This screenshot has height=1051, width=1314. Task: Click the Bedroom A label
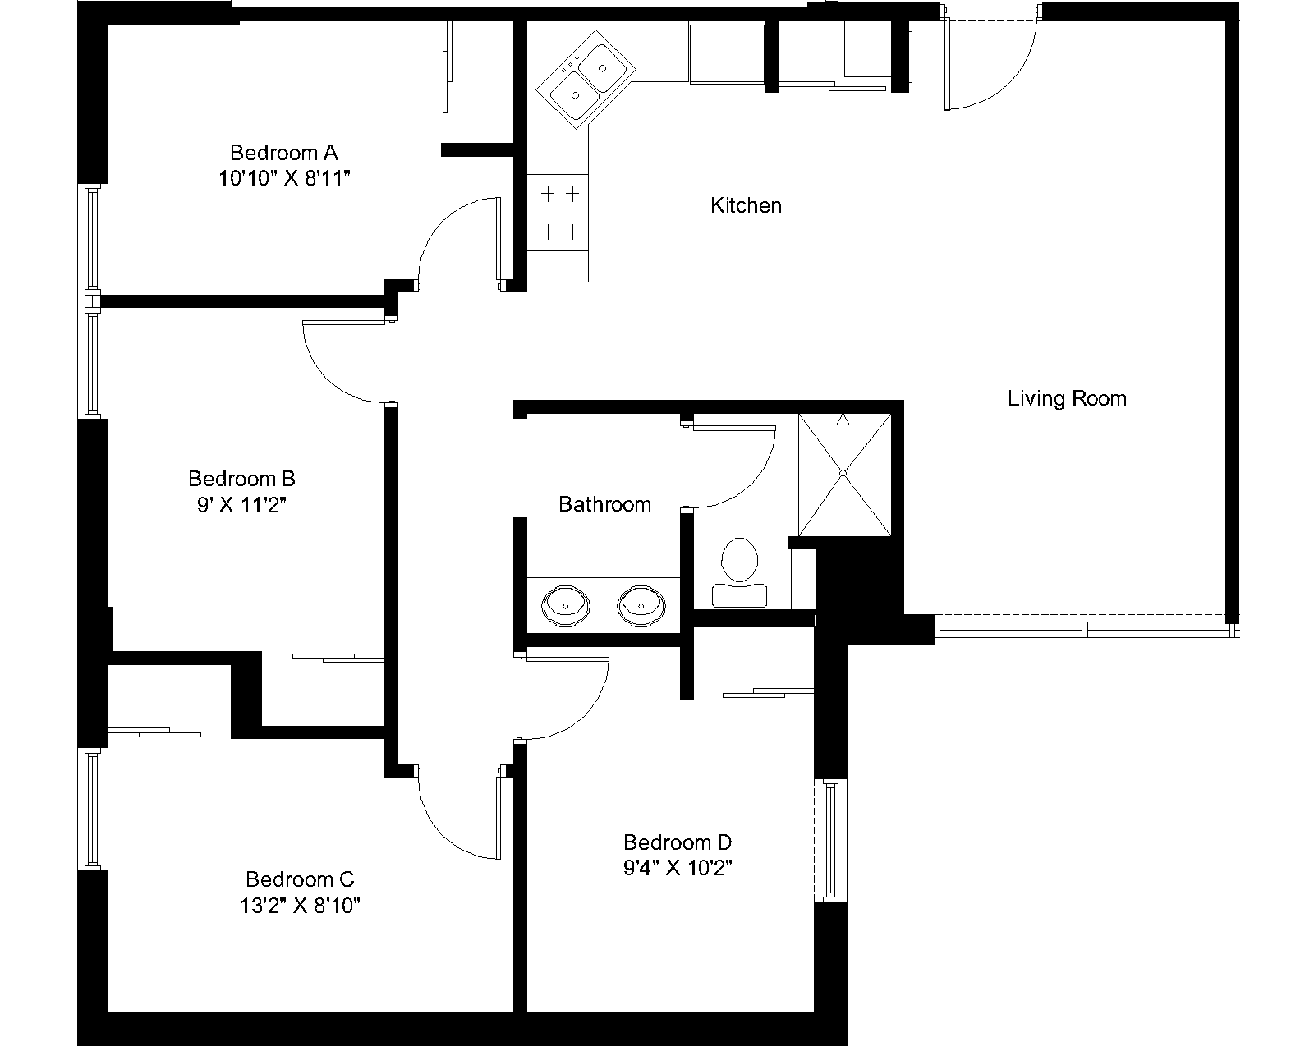[284, 152]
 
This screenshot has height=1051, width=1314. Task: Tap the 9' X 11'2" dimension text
[241, 505]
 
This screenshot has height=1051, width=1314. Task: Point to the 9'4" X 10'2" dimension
[678, 868]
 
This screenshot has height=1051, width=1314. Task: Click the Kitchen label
[747, 205]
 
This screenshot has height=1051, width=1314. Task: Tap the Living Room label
[1068, 398]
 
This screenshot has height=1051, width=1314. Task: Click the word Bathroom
[605, 504]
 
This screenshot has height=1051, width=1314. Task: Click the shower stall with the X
[844, 475]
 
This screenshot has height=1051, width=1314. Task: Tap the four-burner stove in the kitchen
[559, 213]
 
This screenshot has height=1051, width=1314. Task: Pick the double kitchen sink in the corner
[586, 80]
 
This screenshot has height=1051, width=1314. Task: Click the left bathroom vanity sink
[566, 606]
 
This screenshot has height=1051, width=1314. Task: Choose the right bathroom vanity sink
[641, 606]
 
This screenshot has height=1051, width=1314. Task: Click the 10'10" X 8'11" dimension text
[284, 178]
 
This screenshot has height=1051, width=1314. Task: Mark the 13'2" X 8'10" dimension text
[300, 905]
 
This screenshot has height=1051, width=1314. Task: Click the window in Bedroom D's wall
[830, 840]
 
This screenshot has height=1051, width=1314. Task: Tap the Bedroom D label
[678, 842]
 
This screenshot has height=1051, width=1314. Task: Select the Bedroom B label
[241, 478]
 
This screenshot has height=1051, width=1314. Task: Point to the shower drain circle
[843, 473]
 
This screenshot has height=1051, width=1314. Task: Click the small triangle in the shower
[843, 420]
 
